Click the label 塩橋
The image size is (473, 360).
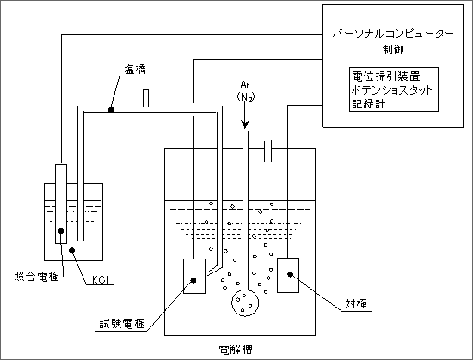pos(135,70)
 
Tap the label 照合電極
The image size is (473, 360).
pos(36,277)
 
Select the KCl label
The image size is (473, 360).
pos(100,280)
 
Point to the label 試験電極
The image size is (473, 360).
pos(122,324)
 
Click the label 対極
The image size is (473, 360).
pos(356,304)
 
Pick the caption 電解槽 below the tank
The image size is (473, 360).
pos(236,350)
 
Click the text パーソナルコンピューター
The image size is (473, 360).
pos(393,34)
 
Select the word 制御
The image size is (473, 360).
pos(393,49)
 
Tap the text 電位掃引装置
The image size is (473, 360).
pos(386,76)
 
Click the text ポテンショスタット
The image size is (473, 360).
pos(392,89)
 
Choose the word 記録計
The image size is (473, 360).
pos(369,104)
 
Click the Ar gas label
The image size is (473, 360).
pos(245,85)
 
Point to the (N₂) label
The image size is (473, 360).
pos(246,97)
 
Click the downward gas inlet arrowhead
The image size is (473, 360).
pos(244,125)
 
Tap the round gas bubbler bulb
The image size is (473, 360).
pos(245,302)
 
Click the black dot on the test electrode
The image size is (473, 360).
pos(193,280)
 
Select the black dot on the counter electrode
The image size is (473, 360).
pos(290,274)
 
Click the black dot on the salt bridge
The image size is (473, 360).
pos(111,110)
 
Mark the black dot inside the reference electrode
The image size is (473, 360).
pos(61,231)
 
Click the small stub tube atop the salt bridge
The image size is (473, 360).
pos(145,98)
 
